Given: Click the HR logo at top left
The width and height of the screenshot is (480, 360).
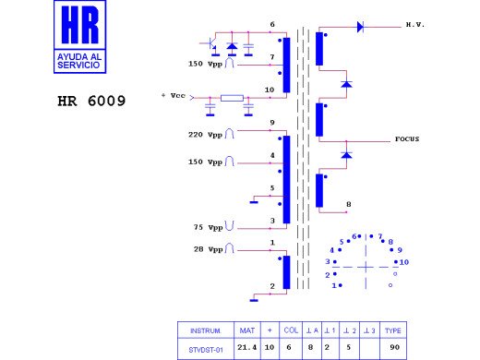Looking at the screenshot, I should click(x=79, y=38).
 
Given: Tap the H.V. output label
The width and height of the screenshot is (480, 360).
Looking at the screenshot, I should click(x=414, y=25).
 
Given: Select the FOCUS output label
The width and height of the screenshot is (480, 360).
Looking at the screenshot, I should click(x=407, y=139).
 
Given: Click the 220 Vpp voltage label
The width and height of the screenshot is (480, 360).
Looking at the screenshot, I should click(x=204, y=135).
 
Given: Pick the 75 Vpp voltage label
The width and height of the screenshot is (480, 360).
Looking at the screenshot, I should click(x=206, y=227).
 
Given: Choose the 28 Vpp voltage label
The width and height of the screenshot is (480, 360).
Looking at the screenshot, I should click(x=206, y=249).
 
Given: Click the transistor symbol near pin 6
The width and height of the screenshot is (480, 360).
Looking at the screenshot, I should click(x=211, y=43).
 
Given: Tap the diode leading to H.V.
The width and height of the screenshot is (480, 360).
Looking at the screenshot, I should click(x=360, y=27).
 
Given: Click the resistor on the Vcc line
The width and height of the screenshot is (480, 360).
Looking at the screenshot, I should click(x=231, y=97).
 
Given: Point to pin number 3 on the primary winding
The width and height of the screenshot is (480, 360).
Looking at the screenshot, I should click(x=272, y=221).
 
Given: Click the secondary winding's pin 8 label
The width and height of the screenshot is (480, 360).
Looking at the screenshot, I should click(x=348, y=204).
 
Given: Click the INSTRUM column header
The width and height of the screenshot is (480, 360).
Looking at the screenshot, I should click(x=204, y=330).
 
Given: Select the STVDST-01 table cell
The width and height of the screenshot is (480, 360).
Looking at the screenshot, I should click(x=204, y=350).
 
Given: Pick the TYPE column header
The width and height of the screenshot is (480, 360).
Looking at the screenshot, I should click(x=393, y=330).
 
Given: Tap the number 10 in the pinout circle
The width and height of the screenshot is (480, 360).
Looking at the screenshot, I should click(x=404, y=262).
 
